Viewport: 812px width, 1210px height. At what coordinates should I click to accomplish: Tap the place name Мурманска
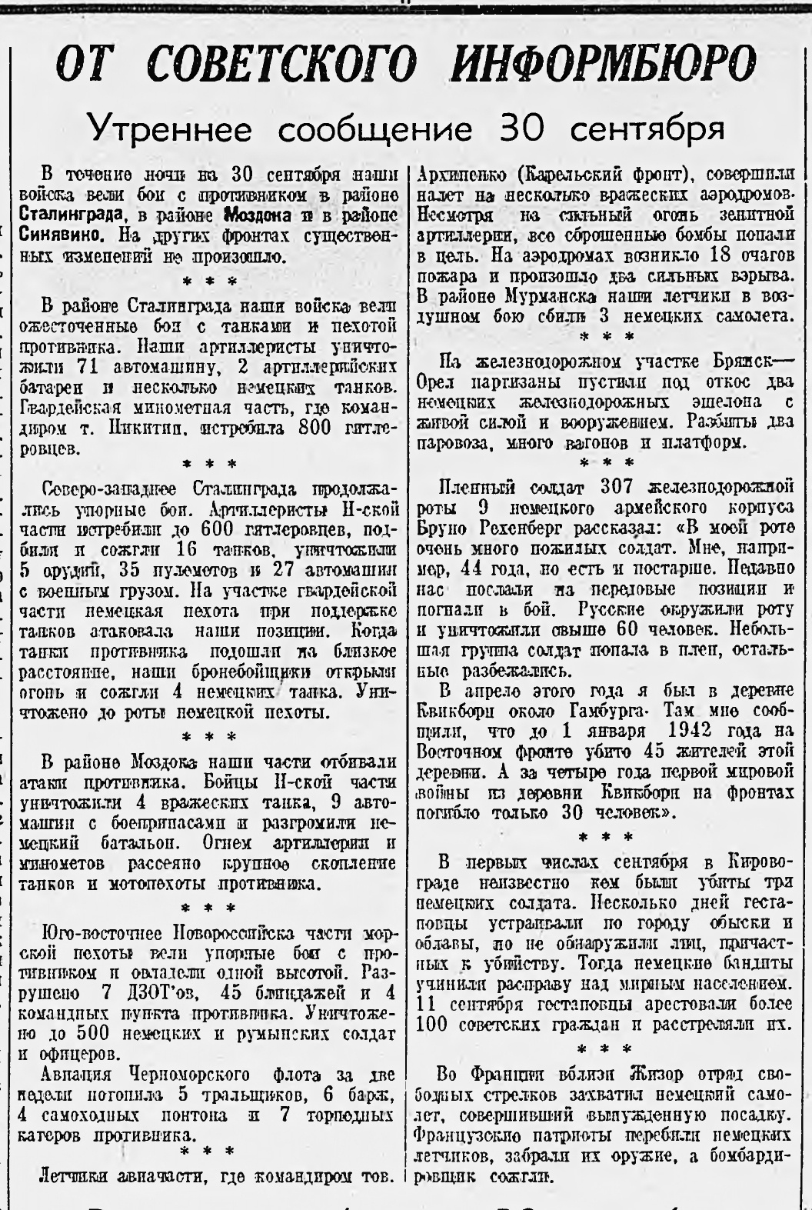click(x=554, y=295)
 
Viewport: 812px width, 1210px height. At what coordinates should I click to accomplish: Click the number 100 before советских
click(x=434, y=1025)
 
